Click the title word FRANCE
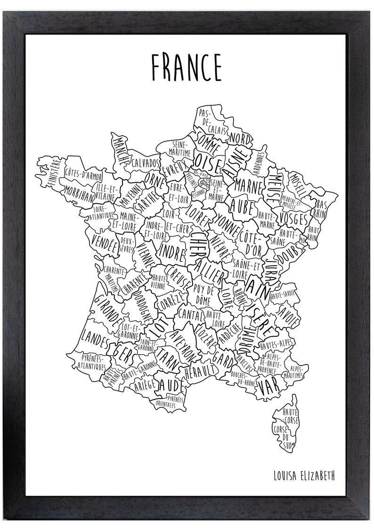[x=186, y=67]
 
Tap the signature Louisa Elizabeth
[x=304, y=475]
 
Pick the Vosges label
[x=293, y=218]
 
